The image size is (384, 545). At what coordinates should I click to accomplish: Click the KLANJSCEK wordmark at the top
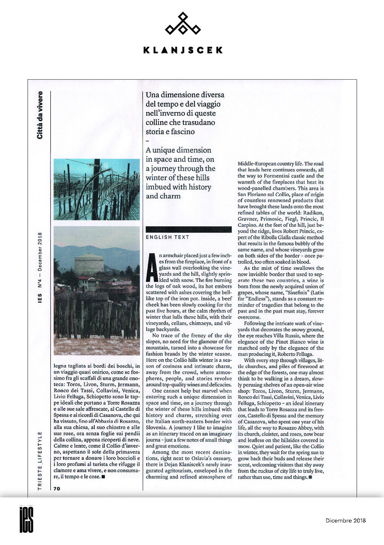182,50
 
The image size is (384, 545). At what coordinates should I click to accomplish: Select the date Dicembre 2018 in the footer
345,520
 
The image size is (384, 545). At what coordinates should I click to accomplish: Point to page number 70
57,489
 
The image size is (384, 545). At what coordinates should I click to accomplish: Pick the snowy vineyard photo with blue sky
96,189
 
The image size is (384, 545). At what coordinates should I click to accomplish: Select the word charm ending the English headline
156,196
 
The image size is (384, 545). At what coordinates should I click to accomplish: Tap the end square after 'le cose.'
103,475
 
